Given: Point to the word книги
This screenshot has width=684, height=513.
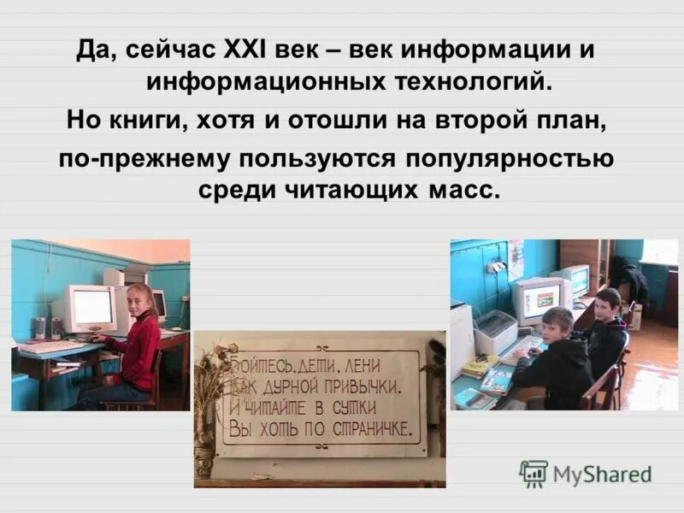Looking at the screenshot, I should [x=150, y=121].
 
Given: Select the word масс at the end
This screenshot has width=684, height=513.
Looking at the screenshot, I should [x=467, y=190].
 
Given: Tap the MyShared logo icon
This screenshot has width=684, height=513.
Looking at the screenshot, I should [x=534, y=474].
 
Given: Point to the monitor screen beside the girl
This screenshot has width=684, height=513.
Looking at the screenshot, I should [x=92, y=306].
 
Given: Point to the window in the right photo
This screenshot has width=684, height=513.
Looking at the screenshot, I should [x=659, y=252].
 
